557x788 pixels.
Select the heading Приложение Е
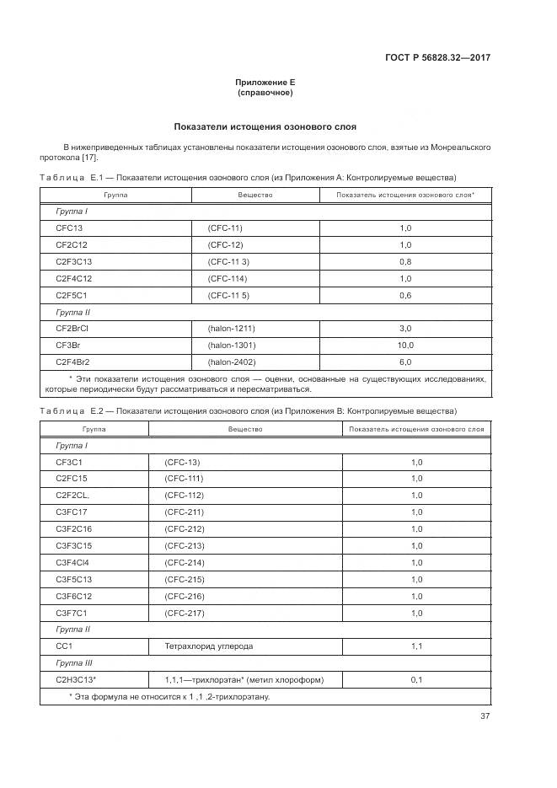[265, 83]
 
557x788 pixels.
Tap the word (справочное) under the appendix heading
[265, 93]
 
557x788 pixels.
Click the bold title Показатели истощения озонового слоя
[265, 127]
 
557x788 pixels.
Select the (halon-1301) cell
[232, 345]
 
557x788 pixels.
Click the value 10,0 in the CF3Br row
[404, 345]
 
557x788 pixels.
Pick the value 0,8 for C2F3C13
[404, 261]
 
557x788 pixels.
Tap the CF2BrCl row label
[72, 329]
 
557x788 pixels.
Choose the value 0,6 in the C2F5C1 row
[404, 295]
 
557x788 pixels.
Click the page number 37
[485, 716]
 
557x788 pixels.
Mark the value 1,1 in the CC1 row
[416, 646]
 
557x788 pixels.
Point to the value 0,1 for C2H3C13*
[416, 679]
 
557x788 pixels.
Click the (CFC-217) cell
[183, 613]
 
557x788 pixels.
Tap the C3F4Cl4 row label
[72, 562]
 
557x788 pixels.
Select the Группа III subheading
[73, 663]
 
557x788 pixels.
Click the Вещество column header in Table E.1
[255, 195]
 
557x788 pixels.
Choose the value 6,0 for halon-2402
[404, 362]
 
